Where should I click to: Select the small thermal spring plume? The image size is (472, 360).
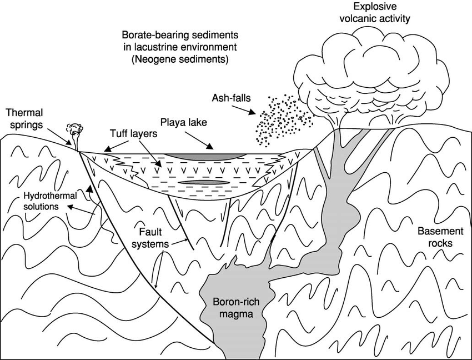click(x=74, y=131)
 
